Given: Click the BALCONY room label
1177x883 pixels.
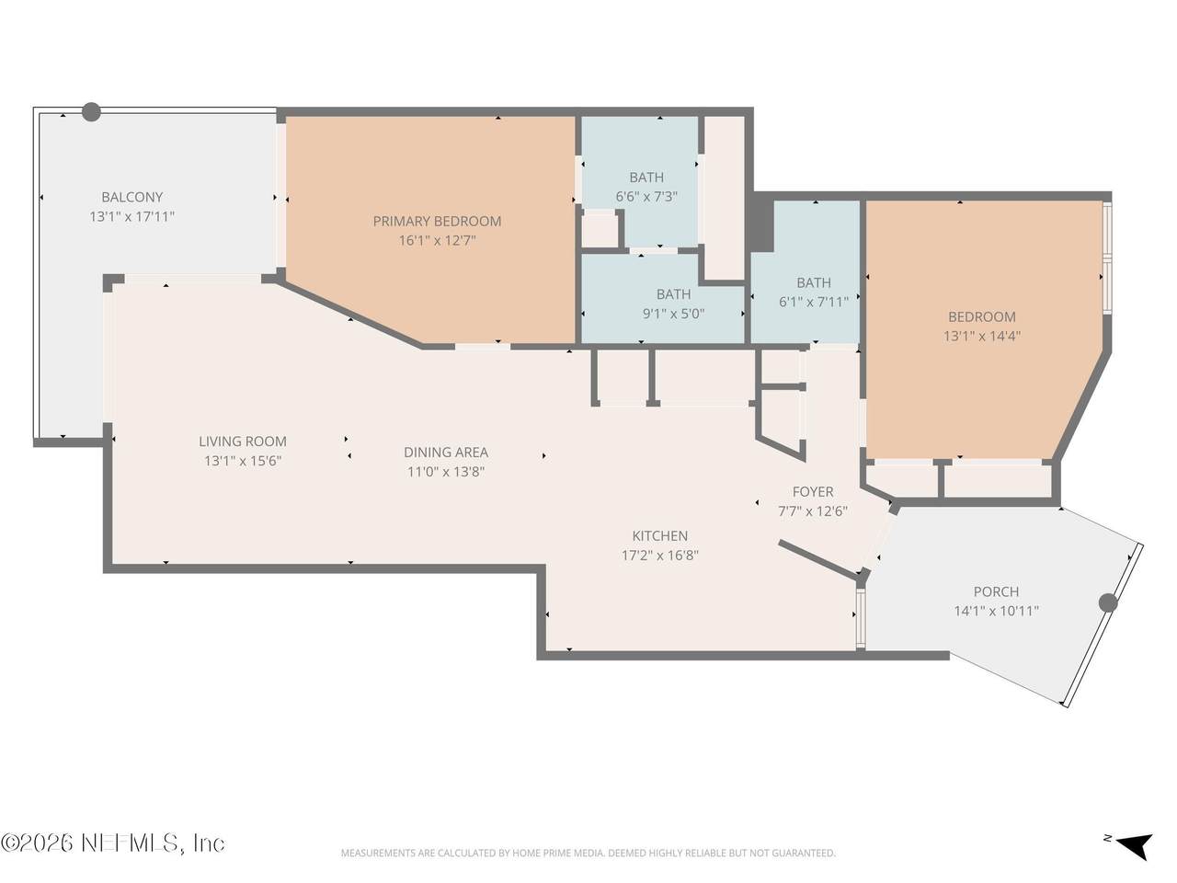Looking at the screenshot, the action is click(x=131, y=197).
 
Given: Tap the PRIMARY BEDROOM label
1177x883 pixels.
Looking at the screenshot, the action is click(x=437, y=221).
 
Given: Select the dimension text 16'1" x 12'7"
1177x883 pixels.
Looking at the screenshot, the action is click(x=437, y=240).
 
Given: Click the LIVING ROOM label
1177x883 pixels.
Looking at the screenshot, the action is click(x=243, y=441).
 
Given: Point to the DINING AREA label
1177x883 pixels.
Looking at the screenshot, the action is click(x=446, y=452).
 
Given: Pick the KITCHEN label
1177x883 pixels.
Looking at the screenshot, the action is click(x=659, y=535).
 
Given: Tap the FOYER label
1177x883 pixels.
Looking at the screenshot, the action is click(x=813, y=491).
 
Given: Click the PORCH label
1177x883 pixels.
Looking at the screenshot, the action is click(x=996, y=591).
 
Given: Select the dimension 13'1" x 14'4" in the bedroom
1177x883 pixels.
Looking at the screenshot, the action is click(x=982, y=336).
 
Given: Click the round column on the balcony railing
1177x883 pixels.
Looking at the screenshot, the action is click(x=91, y=112).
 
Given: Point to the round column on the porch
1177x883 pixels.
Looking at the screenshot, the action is click(x=1108, y=603).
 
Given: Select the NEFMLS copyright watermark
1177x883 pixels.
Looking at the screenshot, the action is click(x=112, y=843).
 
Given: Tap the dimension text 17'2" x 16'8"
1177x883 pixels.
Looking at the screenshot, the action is click(x=659, y=555).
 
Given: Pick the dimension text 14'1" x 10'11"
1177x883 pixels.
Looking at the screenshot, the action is click(x=996, y=611).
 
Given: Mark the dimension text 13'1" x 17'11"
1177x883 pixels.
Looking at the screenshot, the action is click(x=131, y=216).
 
